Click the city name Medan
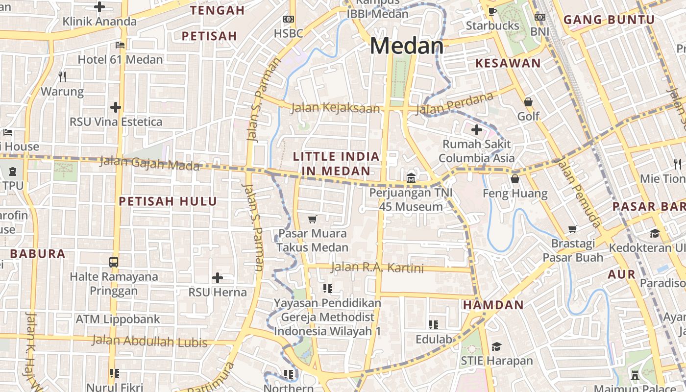pyautogui.click(x=407, y=46)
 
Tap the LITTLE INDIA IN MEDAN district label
pyautogui.click(x=336, y=164)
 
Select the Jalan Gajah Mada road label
pyautogui.click(x=149, y=163)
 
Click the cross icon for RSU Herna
pyautogui.click(x=218, y=278)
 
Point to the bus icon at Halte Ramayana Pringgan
pyautogui.click(x=114, y=262)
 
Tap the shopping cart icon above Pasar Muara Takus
pyautogui.click(x=312, y=219)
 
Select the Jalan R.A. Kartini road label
pyautogui.click(x=377, y=268)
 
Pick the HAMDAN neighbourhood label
pyautogui.click(x=493, y=305)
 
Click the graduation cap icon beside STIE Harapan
pyautogui.click(x=496, y=346)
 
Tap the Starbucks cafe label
pyautogui.click(x=492, y=25)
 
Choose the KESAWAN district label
pyautogui.click(x=508, y=63)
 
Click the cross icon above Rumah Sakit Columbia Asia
pyautogui.click(x=476, y=130)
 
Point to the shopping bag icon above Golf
pyautogui.click(x=528, y=102)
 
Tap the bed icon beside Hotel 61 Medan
pyautogui.click(x=120, y=45)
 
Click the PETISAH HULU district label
pyautogui.click(x=168, y=201)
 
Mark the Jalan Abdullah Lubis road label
pyautogui.click(x=149, y=341)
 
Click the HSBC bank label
pyautogui.click(x=289, y=33)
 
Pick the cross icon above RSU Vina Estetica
pyautogui.click(x=116, y=107)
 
